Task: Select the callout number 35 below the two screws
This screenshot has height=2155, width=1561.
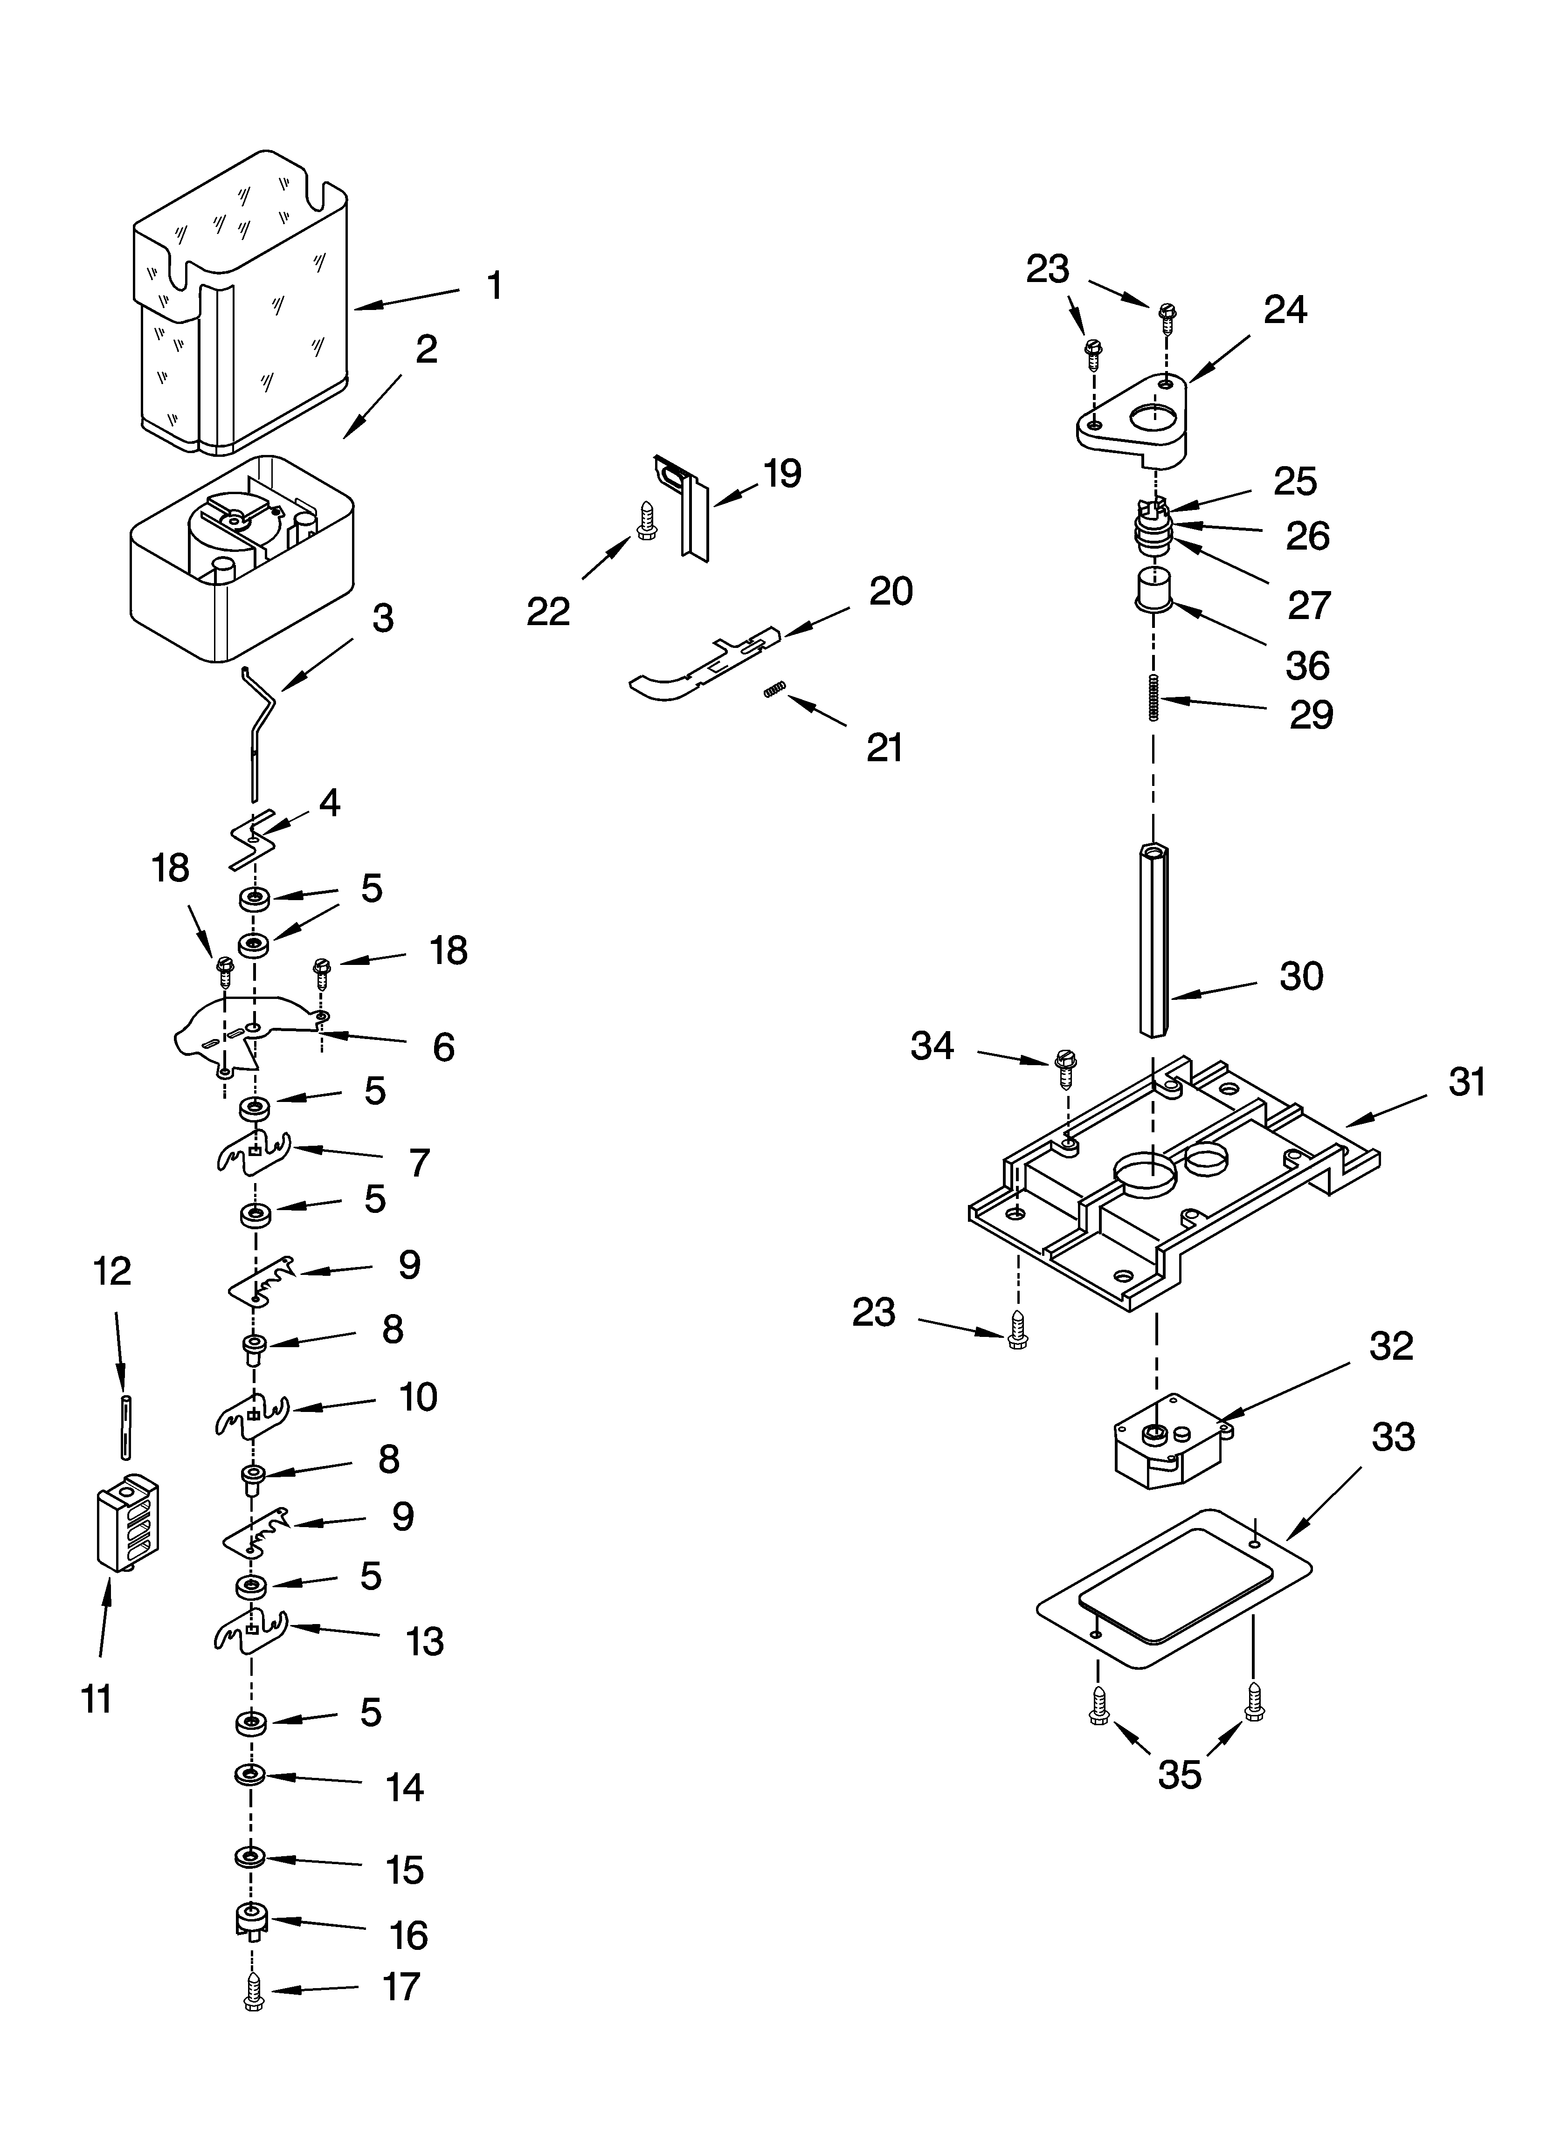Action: tap(1179, 1774)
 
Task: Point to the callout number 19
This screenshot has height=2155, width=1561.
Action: tap(782, 473)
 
